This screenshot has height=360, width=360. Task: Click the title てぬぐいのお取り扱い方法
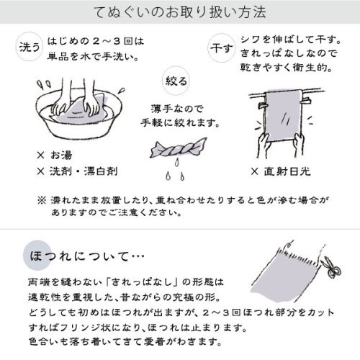tap(179, 13)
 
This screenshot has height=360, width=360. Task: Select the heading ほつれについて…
tap(87, 256)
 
